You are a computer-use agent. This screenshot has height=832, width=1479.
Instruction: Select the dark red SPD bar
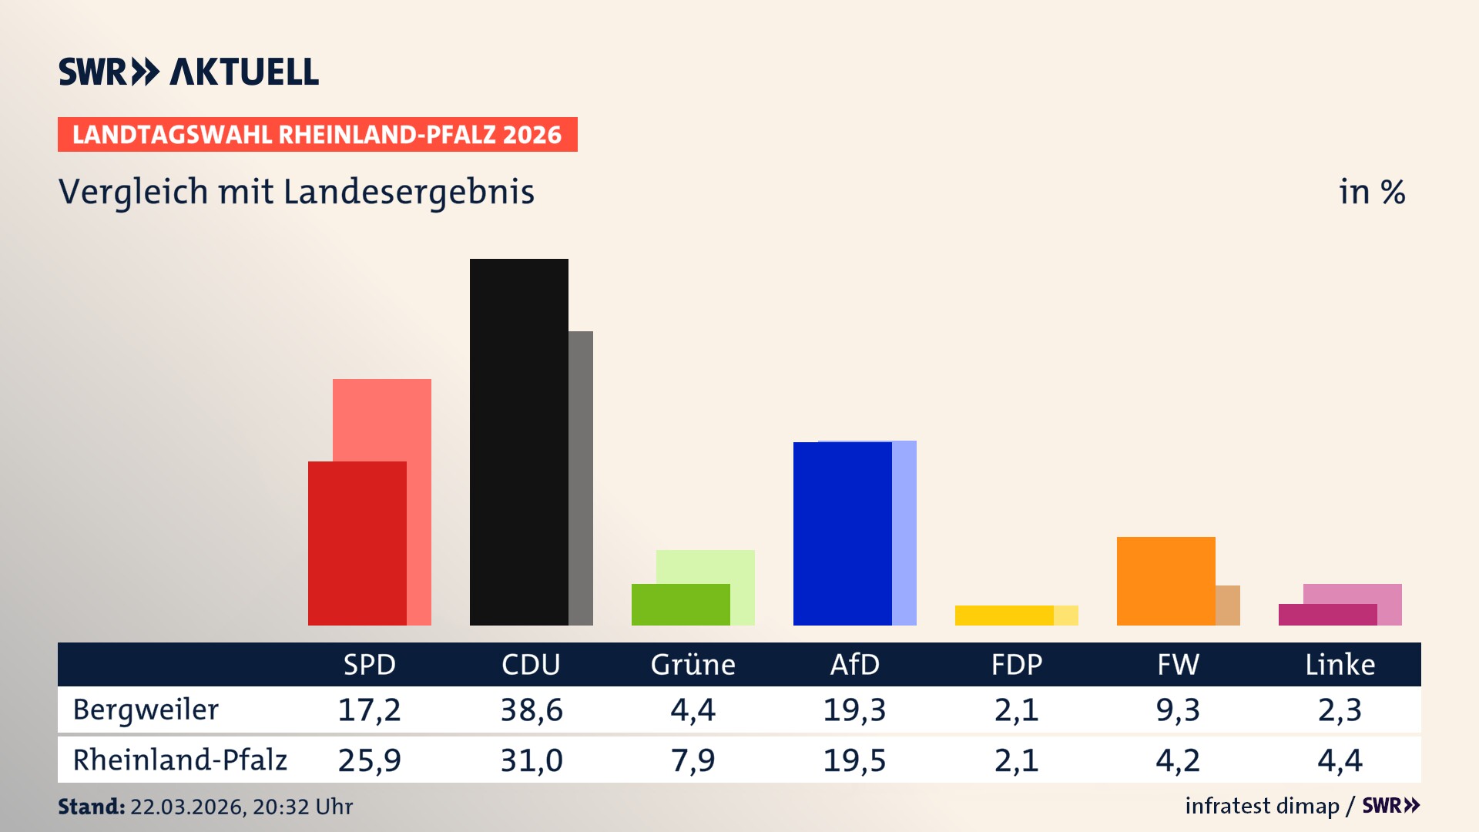pyautogui.click(x=357, y=543)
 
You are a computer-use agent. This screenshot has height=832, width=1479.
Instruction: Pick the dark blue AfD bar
pyautogui.click(x=842, y=533)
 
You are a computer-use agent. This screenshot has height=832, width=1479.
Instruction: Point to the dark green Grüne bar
pyautogui.click(x=680, y=604)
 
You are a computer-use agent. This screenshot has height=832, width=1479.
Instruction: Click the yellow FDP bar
pyautogui.click(x=1004, y=615)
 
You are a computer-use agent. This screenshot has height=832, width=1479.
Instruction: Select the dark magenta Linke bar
pyautogui.click(x=1327, y=614)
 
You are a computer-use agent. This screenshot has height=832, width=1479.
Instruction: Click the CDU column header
pyautogui.click(x=531, y=664)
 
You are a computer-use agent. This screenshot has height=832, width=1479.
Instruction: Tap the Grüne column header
pyautogui.click(x=693, y=664)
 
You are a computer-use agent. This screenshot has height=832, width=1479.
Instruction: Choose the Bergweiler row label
pyautogui.click(x=146, y=710)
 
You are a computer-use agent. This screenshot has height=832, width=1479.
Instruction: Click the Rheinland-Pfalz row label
pyautogui.click(x=179, y=760)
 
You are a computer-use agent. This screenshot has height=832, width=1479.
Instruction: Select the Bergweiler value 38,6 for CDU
pyautogui.click(x=531, y=710)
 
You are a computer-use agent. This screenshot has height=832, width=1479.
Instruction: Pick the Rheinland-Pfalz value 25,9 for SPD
pyautogui.click(x=369, y=760)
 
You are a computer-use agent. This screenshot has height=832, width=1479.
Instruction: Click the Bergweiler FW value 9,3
pyautogui.click(x=1178, y=710)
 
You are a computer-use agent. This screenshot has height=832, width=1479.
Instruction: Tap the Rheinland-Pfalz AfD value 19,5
pyautogui.click(x=854, y=760)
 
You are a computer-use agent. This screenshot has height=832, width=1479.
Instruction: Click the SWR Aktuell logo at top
pyautogui.click(x=189, y=72)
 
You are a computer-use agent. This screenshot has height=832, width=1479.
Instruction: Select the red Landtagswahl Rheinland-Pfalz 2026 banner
pyautogui.click(x=317, y=134)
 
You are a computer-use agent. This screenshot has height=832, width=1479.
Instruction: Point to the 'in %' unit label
pyautogui.click(x=1371, y=192)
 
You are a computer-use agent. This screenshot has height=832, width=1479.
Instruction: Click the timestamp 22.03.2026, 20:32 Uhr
pyautogui.click(x=241, y=807)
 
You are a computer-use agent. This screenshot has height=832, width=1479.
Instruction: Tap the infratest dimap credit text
pyautogui.click(x=1262, y=806)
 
